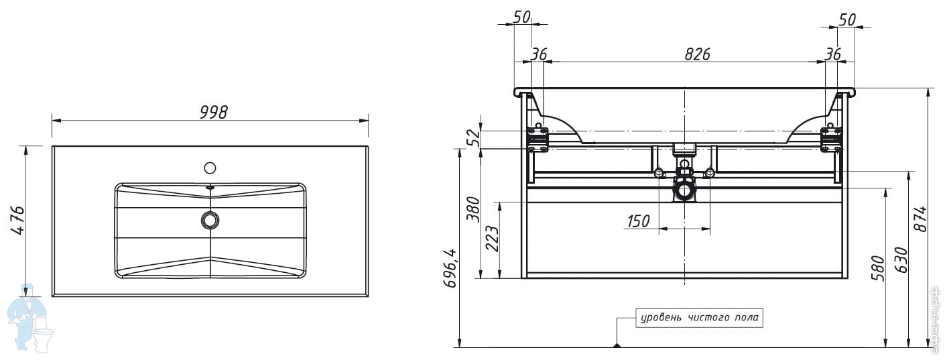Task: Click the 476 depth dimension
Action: click(x=18, y=221)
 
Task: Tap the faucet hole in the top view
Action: click(x=210, y=168)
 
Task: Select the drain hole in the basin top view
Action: click(x=210, y=220)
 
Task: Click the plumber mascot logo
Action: click(x=29, y=318)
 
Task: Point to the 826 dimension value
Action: click(x=697, y=54)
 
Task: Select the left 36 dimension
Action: click(x=539, y=54)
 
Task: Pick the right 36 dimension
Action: click(x=832, y=54)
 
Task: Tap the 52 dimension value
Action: click(x=473, y=138)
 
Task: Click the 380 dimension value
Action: click(x=473, y=209)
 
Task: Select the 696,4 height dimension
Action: click(x=452, y=266)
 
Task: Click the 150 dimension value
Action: click(x=638, y=221)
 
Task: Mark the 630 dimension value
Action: click(x=901, y=259)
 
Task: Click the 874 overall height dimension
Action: click(x=922, y=218)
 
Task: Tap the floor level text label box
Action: click(x=700, y=317)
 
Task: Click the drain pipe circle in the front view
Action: click(x=684, y=192)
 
